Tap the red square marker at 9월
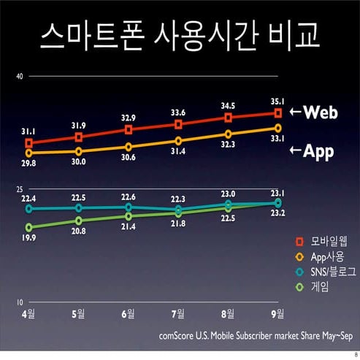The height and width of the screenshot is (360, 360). coord(278,112)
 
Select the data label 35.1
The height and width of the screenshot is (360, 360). coord(277,102)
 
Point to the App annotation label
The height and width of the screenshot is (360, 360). coord(313,151)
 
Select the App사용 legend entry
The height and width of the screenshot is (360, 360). coord(321,256)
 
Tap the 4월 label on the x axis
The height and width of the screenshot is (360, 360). coord(28,315)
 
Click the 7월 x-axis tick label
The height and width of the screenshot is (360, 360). coord(178,315)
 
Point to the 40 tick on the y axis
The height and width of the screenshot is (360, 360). coord(21,76)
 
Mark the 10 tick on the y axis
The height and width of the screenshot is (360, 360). coord(21,302)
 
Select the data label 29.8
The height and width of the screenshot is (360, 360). coord(28,164)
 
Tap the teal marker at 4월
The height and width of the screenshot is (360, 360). coord(29,208)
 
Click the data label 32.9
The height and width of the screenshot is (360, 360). coord(129,118)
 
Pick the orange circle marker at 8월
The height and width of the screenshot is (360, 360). coord(229,134)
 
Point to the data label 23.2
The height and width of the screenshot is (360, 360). coord(277,213)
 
